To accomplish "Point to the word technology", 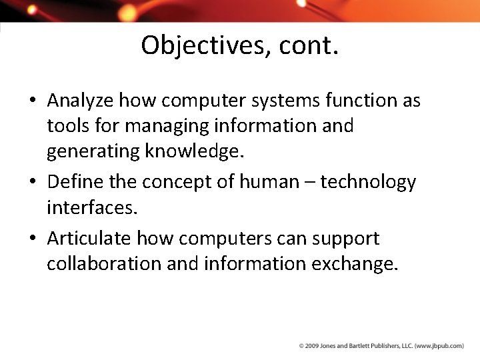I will [x=368, y=182].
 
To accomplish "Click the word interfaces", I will [x=92, y=207].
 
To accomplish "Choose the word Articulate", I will [x=89, y=238].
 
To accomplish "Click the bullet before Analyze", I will [x=33, y=101].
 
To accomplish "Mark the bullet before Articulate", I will [x=33, y=239].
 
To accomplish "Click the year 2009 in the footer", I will [x=312, y=346].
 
